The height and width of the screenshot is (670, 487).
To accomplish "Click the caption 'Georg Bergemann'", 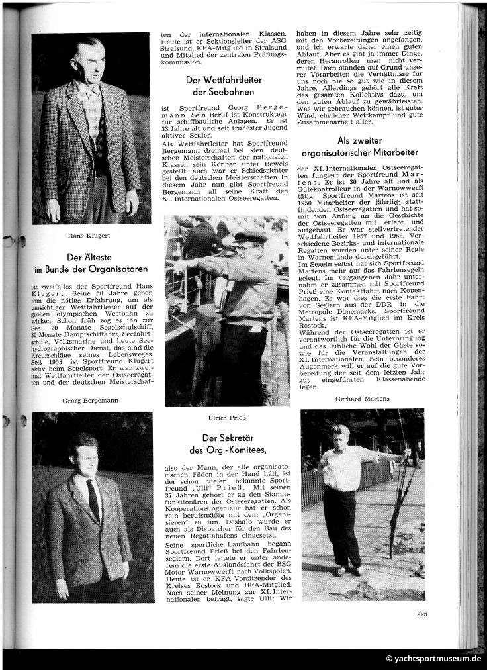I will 91,400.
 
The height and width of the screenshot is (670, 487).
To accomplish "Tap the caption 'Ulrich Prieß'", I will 227,417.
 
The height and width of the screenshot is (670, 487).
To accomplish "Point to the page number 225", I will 422,614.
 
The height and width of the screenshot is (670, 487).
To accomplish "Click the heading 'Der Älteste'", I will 91,258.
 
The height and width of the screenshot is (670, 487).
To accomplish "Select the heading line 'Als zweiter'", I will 361,140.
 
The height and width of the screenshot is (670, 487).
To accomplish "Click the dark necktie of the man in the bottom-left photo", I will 93,499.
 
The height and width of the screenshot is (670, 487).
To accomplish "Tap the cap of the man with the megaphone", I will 249,237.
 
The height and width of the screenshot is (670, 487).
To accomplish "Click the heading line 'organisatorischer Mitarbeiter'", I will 361,154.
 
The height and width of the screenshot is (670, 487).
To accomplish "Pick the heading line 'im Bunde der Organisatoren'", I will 91,269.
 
